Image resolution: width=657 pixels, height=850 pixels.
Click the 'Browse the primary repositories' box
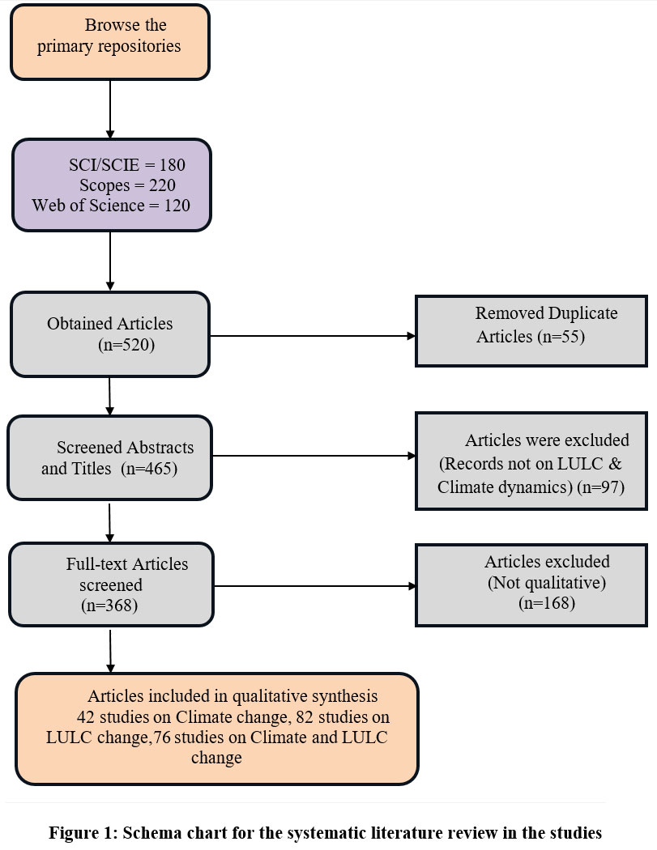pyautogui.click(x=111, y=41)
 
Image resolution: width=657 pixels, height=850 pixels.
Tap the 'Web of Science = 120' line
pyautogui.click(x=112, y=205)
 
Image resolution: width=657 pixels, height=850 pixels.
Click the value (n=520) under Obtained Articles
pyautogui.click(x=126, y=344)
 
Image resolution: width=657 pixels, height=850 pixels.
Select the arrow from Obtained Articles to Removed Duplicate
pyautogui.click(x=312, y=334)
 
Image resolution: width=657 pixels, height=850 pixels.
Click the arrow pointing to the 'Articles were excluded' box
pyautogui.click(x=312, y=456)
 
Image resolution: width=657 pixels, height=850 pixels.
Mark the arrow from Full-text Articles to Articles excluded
pyautogui.click(x=312, y=586)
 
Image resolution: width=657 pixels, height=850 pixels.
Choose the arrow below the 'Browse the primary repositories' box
pyautogui.click(x=109, y=108)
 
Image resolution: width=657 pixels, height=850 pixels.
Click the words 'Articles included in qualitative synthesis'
pyautogui.click(x=233, y=696)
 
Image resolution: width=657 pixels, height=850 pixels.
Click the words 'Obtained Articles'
pyautogui.click(x=110, y=324)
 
